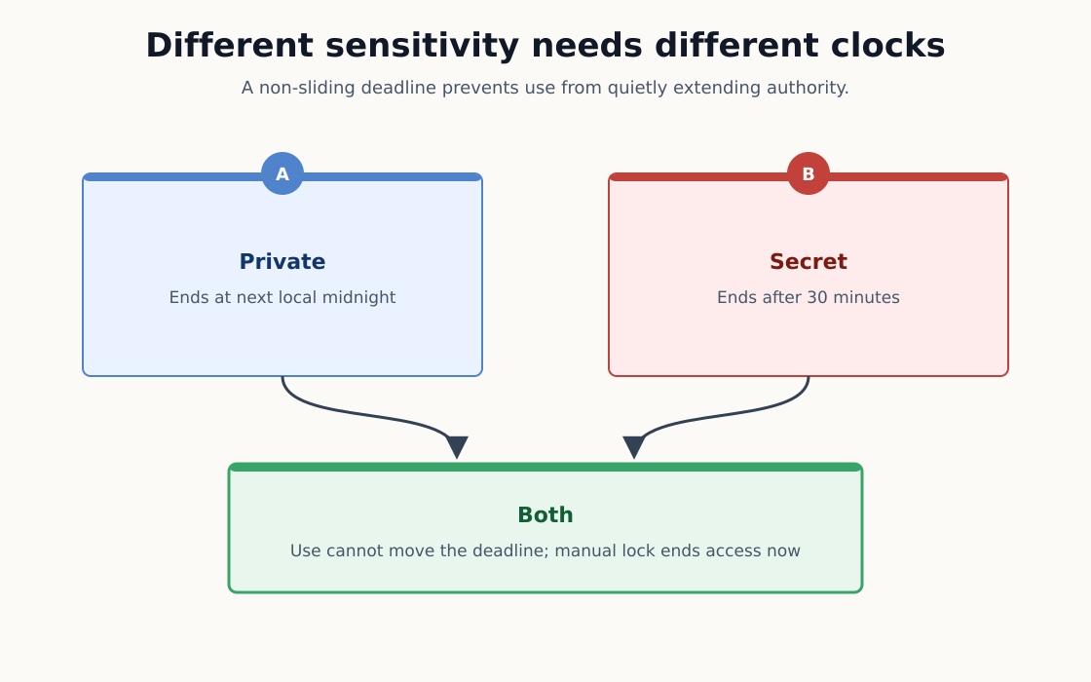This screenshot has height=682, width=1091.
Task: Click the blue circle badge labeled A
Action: [282, 173]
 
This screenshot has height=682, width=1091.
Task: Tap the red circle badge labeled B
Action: [809, 173]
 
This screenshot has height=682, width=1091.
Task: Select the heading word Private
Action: [282, 262]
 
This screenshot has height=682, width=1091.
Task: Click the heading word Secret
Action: [809, 262]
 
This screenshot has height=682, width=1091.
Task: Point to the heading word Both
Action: [545, 515]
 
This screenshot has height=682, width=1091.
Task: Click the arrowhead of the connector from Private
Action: [457, 447]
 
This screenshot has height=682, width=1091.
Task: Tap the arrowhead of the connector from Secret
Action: [634, 447]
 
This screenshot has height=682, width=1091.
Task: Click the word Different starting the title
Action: [229, 46]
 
